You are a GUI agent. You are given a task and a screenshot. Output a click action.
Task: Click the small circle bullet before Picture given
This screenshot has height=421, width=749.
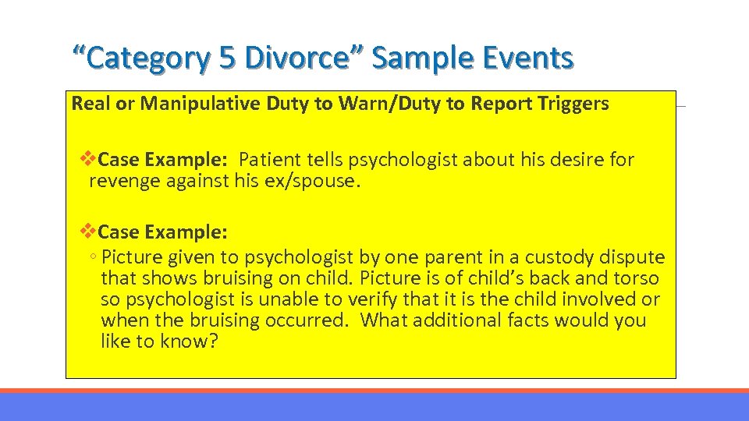pyautogui.click(x=92, y=258)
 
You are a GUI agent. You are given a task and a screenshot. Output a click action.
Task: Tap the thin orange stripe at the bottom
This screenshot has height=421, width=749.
pyautogui.click(x=374, y=391)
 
